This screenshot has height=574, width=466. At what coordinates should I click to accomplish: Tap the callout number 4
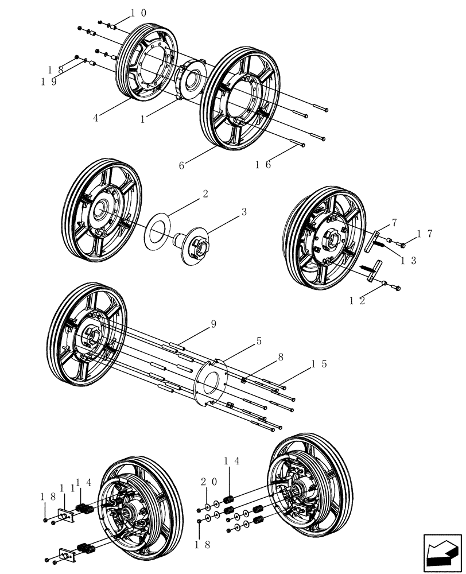pyautogui.click(x=96, y=118)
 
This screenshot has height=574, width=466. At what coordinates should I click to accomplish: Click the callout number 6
pyautogui.click(x=182, y=165)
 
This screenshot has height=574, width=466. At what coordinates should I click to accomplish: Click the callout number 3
pyautogui.click(x=244, y=211)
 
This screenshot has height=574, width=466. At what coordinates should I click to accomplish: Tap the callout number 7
pyautogui.click(x=394, y=222)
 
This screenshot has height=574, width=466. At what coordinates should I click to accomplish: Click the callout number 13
pyautogui.click(x=409, y=260)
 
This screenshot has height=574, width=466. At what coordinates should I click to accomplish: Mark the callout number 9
pyautogui.click(x=213, y=324)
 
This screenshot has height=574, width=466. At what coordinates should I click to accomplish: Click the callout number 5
pyautogui.click(x=259, y=340)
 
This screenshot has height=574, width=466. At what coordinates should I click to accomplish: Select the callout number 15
pyautogui.click(x=320, y=364)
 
